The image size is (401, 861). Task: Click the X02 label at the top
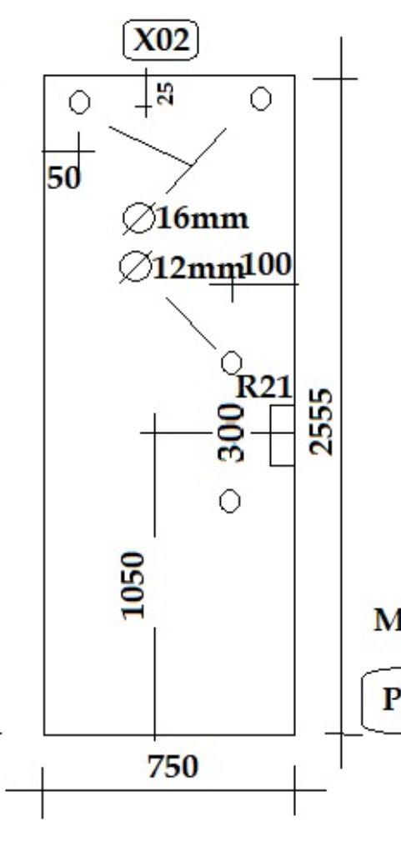point(160,40)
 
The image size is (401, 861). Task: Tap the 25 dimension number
point(165,93)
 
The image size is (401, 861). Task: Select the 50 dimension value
point(63,178)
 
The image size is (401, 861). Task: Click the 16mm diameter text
point(203,218)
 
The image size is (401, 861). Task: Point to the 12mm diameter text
point(198,268)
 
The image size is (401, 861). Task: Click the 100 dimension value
point(267,265)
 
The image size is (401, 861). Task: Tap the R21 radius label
point(263,387)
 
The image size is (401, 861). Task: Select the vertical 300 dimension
point(231,432)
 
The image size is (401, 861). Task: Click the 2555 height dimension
point(321,422)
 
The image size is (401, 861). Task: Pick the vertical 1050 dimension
point(133,585)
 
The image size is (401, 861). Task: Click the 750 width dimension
point(173,767)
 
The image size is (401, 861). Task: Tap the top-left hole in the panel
point(80,103)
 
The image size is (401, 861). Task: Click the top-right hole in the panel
point(260,99)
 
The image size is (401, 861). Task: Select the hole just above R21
point(231,363)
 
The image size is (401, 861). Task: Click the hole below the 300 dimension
point(229,501)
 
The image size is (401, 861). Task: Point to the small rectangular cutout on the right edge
point(282,436)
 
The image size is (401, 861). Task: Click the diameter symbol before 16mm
point(138,218)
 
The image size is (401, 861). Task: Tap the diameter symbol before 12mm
point(134,268)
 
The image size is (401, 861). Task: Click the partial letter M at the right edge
point(388,620)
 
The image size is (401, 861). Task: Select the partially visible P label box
point(381,699)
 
